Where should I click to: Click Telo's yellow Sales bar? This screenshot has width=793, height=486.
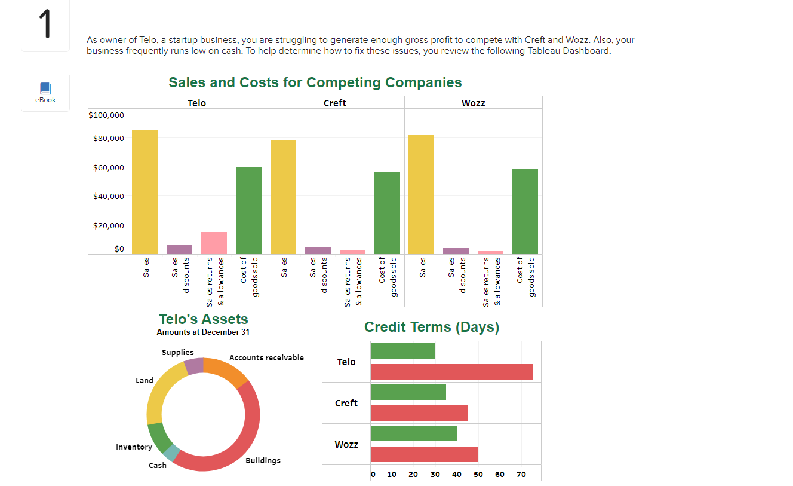[x=145, y=192]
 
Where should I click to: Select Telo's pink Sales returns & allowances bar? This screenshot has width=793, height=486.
[x=214, y=243]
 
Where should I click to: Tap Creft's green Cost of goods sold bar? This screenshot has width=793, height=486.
[x=387, y=213]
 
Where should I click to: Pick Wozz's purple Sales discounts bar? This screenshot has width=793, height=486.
[x=456, y=251]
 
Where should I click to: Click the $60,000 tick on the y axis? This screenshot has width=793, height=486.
[x=108, y=167]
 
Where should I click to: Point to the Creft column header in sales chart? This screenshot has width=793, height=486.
[x=334, y=103]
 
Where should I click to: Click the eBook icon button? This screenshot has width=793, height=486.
[x=45, y=93]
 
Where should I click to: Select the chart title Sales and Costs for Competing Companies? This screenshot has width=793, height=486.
[x=315, y=82]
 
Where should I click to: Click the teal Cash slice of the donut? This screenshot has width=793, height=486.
[x=171, y=453]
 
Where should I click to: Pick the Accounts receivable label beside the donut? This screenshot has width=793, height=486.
[x=266, y=358]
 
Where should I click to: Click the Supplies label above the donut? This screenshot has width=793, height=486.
[x=177, y=352]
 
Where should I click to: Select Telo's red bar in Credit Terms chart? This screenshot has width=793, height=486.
[x=451, y=372]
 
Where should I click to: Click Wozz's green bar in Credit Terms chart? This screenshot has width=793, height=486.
[x=413, y=433]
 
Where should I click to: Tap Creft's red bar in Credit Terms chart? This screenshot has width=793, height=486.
[x=419, y=413]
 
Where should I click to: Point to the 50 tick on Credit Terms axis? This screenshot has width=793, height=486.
[x=478, y=475]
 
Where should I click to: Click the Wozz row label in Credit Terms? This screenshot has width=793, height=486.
[x=346, y=444]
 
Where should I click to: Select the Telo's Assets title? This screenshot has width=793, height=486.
[x=203, y=319]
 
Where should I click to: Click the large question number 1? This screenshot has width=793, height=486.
[x=45, y=25]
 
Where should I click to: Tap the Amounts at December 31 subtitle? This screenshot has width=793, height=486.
[x=203, y=332]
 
